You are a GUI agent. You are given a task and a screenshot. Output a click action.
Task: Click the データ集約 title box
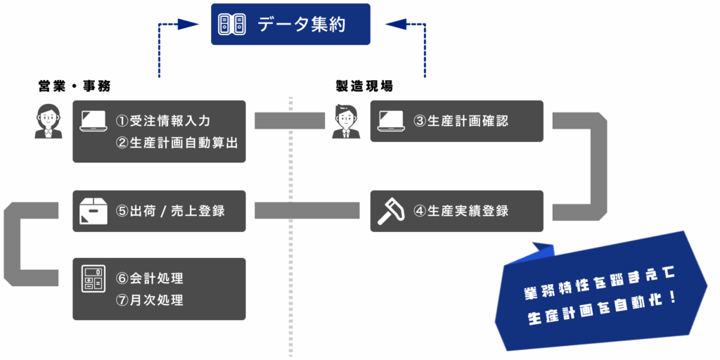coord(290,25)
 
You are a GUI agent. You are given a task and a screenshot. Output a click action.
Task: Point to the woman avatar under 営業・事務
coord(48,121)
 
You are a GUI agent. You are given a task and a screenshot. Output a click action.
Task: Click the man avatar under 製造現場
coord(345,121)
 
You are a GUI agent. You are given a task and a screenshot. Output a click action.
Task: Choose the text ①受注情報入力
coord(163,121)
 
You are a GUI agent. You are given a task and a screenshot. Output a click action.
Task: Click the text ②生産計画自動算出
coord(176,143)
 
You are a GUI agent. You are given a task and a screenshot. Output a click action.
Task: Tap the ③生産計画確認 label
coord(461,121)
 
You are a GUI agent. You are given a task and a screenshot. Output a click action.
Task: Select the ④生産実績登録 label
coord(461,211)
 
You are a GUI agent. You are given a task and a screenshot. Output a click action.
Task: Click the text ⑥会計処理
coord(150,278)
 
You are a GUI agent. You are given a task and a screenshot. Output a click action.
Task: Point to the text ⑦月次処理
coord(150,300)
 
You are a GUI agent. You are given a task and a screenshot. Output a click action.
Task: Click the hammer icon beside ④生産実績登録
coord(391,211)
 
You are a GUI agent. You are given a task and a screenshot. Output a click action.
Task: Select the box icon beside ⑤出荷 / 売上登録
coord(94,211)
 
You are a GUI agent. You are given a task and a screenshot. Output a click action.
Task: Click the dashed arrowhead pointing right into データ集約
coord(187,25)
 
